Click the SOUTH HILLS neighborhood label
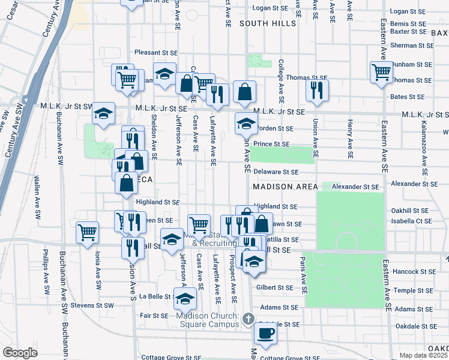point(268,23)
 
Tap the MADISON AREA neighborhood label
point(285,187)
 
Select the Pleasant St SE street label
point(157,52)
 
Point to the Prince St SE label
point(271,144)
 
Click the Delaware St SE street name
point(276,172)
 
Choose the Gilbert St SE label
point(275,288)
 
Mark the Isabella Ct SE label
point(411,220)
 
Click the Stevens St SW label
point(92,305)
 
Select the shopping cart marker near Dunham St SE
point(381,71)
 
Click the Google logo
point(19,353)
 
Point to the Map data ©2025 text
point(423,355)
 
